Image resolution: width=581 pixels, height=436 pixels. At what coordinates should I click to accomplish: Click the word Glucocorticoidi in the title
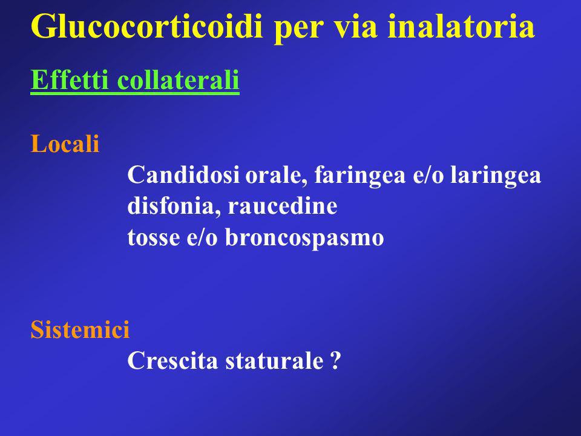point(146,26)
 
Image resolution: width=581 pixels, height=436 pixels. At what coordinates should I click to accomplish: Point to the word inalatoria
point(461,26)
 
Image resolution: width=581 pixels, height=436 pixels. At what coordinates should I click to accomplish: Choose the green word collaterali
point(178,79)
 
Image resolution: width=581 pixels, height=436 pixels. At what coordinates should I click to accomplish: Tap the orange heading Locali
point(65,144)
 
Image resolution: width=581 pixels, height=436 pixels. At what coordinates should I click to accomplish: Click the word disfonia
point(171,206)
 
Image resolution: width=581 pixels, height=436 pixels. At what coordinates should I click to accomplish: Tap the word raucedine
point(283,206)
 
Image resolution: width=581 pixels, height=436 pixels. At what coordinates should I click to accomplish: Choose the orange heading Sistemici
point(80,329)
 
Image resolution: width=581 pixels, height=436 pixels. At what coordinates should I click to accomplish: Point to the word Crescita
point(172,360)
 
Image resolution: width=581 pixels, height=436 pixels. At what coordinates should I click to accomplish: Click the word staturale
point(275,360)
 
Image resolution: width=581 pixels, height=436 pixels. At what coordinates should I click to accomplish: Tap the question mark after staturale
point(335,360)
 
